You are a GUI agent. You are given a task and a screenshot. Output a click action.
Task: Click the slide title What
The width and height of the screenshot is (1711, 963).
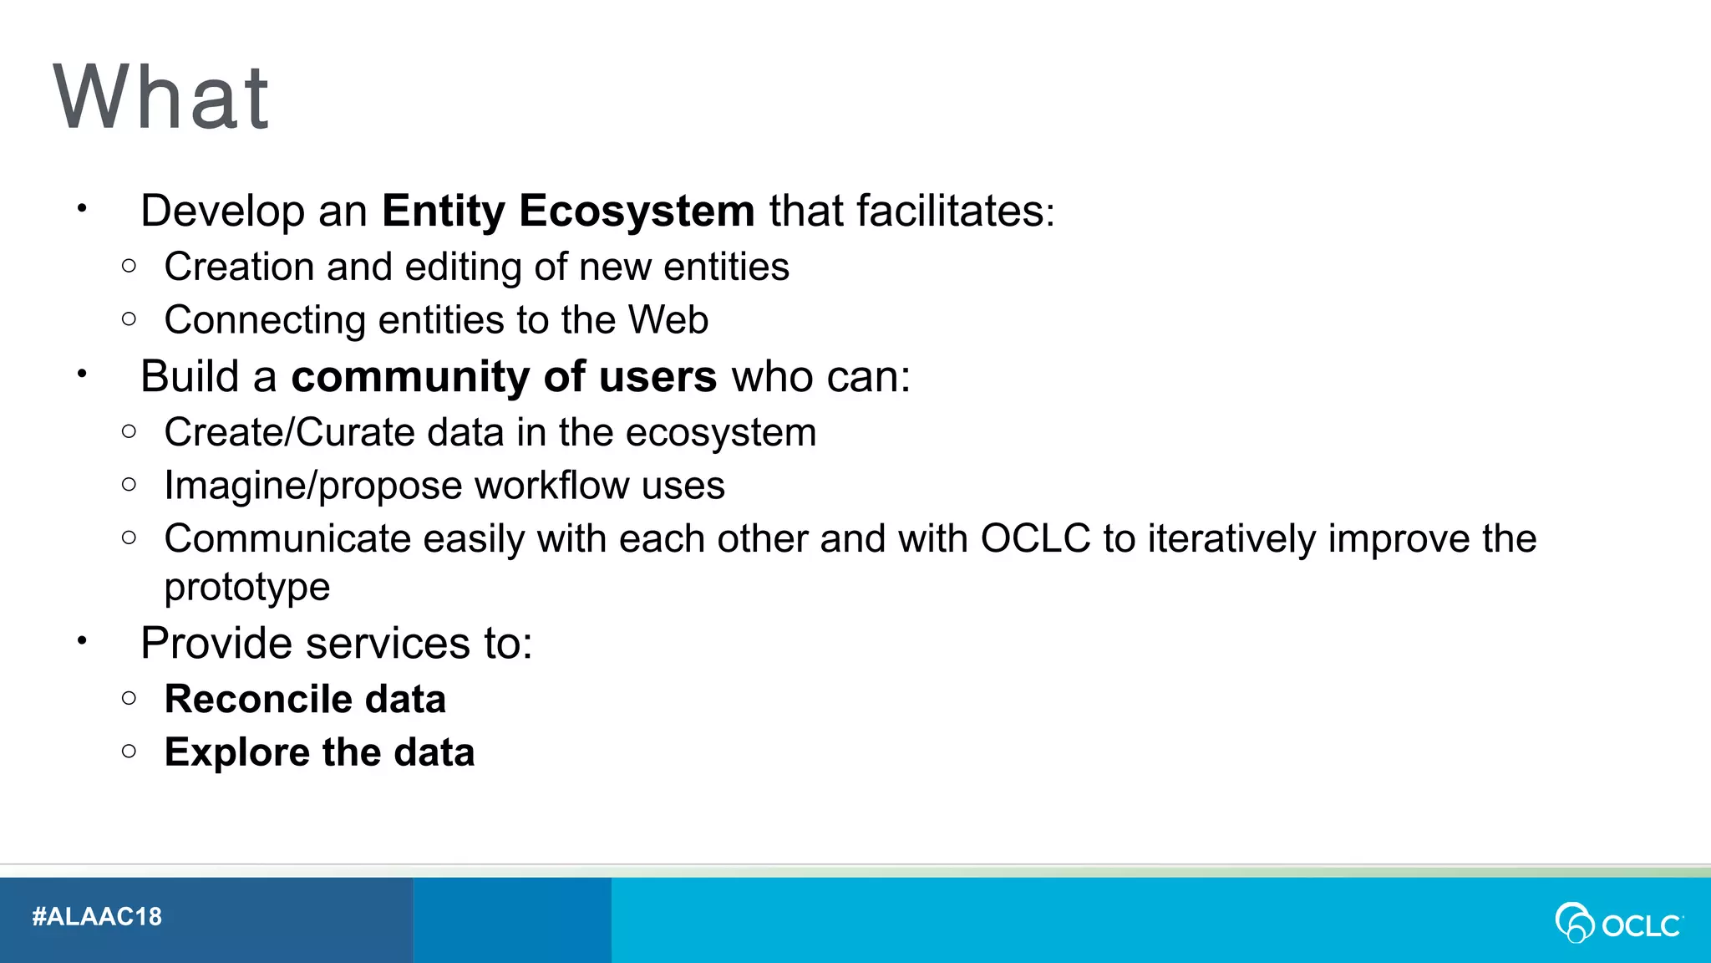tap(161, 98)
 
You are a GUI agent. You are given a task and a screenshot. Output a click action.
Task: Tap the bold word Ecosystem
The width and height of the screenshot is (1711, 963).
tap(637, 211)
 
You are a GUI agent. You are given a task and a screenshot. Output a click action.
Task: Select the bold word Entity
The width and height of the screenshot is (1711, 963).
tap(443, 211)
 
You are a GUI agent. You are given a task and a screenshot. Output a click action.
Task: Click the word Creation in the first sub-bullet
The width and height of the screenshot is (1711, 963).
tap(239, 267)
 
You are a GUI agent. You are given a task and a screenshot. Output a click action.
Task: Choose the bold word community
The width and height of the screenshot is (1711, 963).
tap(409, 377)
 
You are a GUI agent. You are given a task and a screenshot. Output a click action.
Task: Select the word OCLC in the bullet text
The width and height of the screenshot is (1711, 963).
tap(1035, 538)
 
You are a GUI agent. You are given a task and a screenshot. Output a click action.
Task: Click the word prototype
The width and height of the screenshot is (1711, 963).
tap(247, 588)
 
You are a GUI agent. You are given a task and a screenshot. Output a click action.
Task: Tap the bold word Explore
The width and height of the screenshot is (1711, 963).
tap(237, 752)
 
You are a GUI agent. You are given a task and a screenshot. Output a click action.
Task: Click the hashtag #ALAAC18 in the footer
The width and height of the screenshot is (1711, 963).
tap(97, 917)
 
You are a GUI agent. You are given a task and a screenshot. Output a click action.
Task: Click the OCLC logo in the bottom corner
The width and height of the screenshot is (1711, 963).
tap(1618, 923)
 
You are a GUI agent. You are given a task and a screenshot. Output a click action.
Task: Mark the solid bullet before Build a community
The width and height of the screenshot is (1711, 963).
tap(82, 374)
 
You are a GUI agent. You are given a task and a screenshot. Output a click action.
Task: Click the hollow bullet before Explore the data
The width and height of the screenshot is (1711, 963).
tap(129, 751)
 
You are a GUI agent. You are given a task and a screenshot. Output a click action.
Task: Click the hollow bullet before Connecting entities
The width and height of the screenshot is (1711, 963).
tap(129, 318)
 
